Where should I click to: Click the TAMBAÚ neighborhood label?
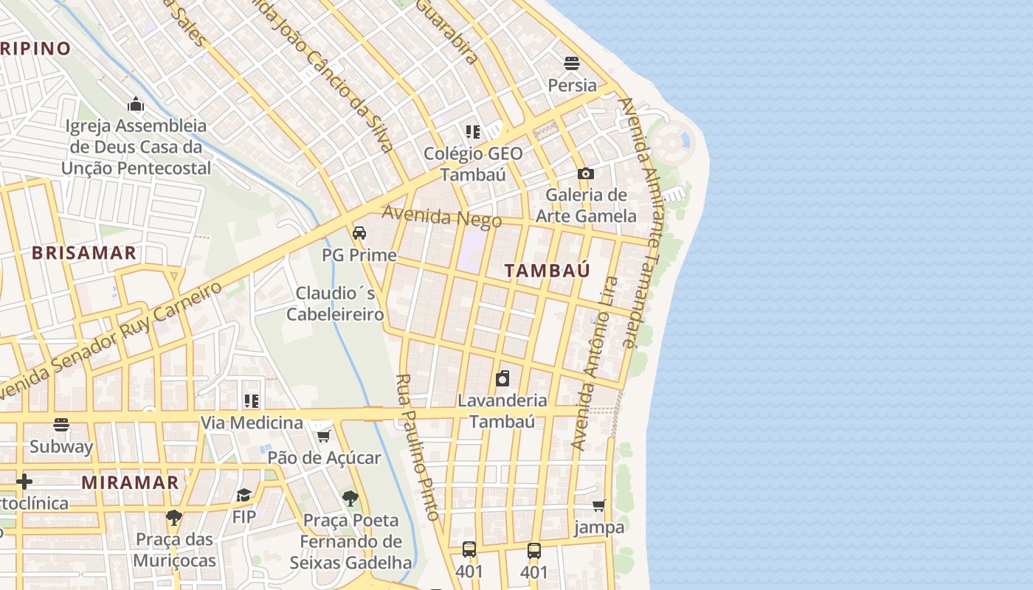[x=547, y=270]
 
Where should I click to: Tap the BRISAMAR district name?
[x=83, y=253]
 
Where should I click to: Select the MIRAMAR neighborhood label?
[x=130, y=483]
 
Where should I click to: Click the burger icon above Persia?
[x=572, y=63]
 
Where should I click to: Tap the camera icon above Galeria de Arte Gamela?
[x=586, y=173]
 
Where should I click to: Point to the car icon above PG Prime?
[x=359, y=233]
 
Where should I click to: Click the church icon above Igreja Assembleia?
[x=136, y=104]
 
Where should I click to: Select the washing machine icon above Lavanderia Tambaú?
[x=502, y=378]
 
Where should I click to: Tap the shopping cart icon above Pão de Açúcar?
[x=323, y=436]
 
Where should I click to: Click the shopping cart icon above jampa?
[x=599, y=505]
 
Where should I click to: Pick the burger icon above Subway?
[x=61, y=425]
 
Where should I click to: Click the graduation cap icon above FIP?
[x=243, y=495]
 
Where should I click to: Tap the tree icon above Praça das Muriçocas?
[x=174, y=517]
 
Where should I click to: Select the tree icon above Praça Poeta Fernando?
[x=350, y=499]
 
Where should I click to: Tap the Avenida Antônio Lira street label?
[x=595, y=364]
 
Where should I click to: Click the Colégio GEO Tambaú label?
[x=473, y=164]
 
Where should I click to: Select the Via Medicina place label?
[x=252, y=423]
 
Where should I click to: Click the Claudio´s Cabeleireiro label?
[x=335, y=304]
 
